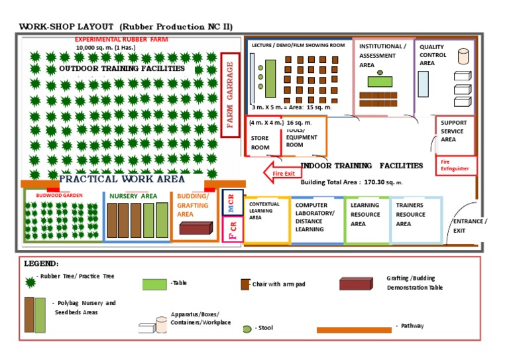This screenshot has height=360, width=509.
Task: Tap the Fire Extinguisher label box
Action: coord(456,164)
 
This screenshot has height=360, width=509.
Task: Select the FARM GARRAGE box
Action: coord(230,94)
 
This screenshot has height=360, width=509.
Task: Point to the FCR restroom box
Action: coord(232,229)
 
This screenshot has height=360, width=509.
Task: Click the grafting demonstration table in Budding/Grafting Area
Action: coord(196,228)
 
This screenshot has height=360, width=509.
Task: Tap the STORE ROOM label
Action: coord(260,143)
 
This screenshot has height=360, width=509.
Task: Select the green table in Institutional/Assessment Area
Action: coord(380,81)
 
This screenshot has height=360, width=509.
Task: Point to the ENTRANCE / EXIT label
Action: coord(469,225)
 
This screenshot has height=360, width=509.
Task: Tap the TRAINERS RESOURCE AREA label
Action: coord(410,214)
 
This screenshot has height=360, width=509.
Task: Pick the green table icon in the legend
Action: coord(155,284)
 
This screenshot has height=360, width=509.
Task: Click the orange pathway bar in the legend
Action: coord(353,329)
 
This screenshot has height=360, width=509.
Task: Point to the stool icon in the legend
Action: coord(247,328)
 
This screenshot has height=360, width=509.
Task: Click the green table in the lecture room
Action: coord(270,68)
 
